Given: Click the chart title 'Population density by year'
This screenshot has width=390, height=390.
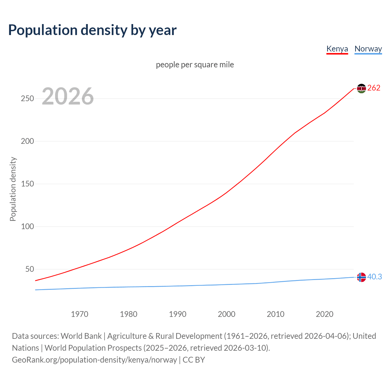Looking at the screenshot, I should coord(92,30).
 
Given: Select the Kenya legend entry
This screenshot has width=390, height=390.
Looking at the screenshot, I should coord(337,49).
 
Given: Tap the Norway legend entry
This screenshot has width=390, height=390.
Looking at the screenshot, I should coord(368,49).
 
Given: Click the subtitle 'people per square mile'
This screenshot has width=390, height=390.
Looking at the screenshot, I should coord(195,65).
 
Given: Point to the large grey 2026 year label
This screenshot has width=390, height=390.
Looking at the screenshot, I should coord(68,96).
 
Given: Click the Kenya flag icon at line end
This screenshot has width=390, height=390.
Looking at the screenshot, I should coord(361,88).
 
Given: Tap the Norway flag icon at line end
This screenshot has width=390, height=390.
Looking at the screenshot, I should coord(361,277).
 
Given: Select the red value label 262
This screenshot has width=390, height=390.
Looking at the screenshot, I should coord(374,88).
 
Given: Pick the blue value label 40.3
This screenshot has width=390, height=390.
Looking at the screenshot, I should coord(374,277).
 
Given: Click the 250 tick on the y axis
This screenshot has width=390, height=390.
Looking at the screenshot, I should coord(27,99).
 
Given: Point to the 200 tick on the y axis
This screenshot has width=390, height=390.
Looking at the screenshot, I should coord(27,141).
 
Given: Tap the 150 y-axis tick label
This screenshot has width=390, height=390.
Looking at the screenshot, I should coord(27,184).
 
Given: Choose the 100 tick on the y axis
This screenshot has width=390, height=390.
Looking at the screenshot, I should coord(27,227).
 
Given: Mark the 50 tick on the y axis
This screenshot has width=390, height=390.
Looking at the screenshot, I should coord(30,269).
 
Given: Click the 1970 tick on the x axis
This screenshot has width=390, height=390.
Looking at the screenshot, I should coord(80,314).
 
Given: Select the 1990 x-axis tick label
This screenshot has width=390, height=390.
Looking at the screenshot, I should coord(178,314).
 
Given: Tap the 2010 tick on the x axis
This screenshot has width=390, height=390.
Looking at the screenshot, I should coord(275,314).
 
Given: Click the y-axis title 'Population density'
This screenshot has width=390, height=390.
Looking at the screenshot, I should coord(13,189).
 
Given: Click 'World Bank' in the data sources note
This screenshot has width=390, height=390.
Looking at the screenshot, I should coord(81,336).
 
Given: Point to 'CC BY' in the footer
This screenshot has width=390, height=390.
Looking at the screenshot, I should coord(194,360).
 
